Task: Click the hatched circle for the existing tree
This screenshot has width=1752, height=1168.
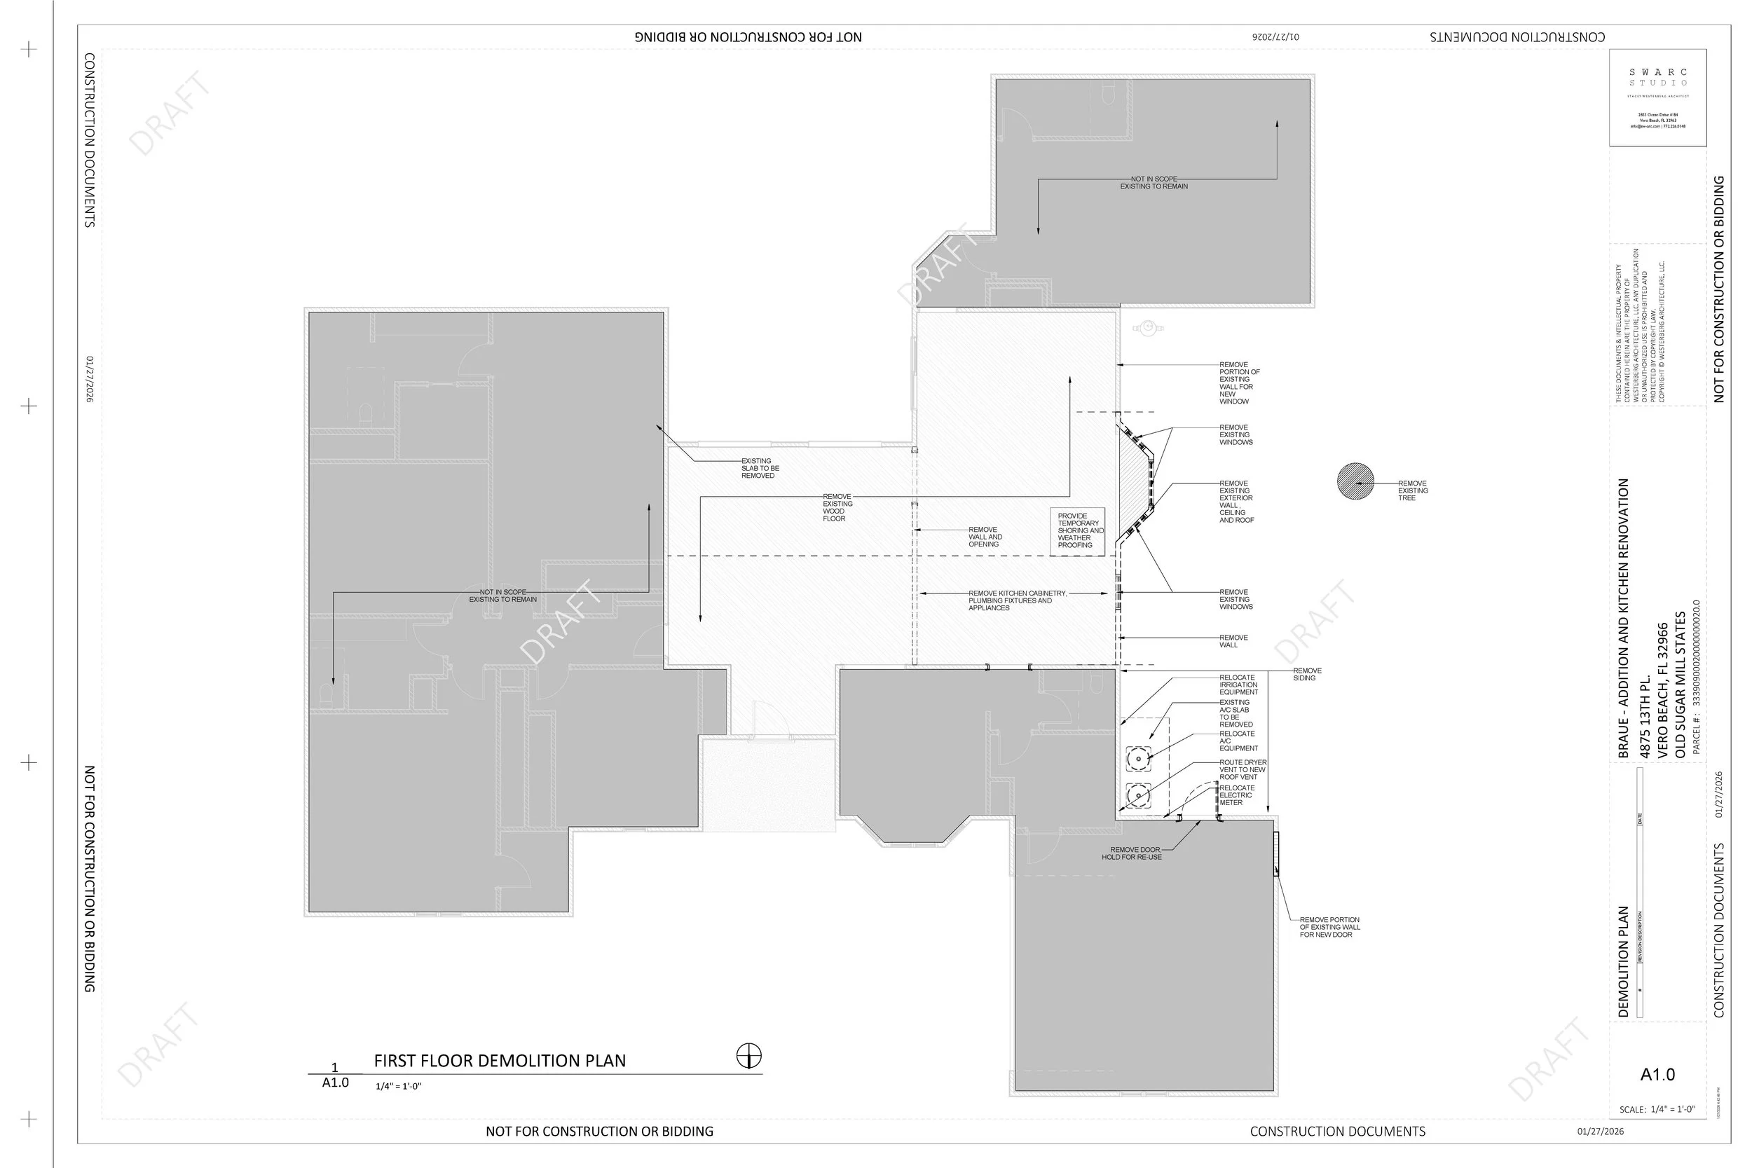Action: click(1355, 481)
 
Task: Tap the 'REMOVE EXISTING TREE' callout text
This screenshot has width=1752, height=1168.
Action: click(1412, 490)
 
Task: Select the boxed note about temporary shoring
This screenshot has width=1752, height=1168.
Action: click(1077, 531)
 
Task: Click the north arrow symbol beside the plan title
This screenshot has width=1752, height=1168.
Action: click(748, 1055)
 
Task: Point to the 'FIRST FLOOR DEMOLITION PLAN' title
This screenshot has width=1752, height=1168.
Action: click(500, 1061)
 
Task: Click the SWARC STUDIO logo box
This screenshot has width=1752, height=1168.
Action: click(1657, 97)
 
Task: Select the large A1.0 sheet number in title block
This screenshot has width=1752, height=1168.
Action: click(1657, 1074)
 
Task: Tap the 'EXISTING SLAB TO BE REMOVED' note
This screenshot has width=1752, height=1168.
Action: click(759, 469)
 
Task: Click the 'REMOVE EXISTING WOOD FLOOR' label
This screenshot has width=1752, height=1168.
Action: click(837, 507)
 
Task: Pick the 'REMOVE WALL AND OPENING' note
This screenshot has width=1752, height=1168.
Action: click(985, 537)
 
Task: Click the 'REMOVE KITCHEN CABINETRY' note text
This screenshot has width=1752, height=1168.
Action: click(1016, 600)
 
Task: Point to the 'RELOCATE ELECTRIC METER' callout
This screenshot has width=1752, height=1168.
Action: click(1236, 795)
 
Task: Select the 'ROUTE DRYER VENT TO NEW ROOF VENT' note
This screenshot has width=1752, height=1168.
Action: click(1243, 769)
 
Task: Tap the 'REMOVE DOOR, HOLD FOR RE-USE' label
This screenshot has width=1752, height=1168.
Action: click(1133, 853)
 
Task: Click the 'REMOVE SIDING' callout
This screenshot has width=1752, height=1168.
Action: click(1307, 674)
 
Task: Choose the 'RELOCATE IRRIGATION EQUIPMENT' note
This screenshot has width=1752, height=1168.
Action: click(1238, 685)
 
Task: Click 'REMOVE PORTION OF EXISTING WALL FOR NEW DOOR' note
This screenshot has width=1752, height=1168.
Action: click(1329, 927)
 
